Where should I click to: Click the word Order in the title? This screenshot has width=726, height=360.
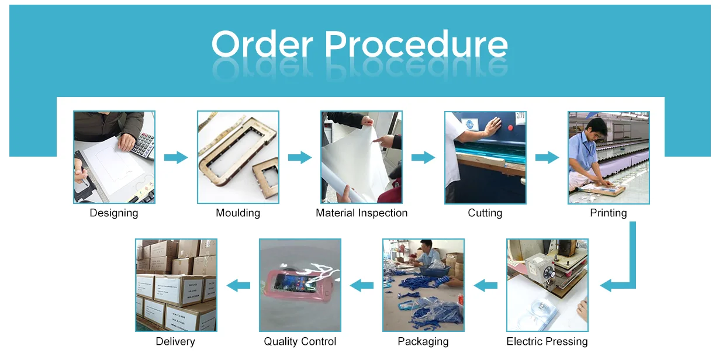[263, 44]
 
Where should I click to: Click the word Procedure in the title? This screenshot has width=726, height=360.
[416, 44]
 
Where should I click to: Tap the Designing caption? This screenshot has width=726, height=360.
[114, 213]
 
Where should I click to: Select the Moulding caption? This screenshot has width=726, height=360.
[238, 213]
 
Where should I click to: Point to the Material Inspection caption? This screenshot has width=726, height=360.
[361, 213]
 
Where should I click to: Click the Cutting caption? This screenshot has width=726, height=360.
[485, 213]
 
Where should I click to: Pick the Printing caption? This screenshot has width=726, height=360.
[609, 213]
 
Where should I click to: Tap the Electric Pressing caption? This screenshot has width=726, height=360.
[547, 341]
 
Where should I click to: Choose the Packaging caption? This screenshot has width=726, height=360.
[423, 341]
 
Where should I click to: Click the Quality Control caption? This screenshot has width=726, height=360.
[300, 341]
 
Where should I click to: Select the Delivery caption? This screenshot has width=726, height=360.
[175, 341]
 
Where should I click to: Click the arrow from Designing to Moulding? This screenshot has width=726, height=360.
[176, 157]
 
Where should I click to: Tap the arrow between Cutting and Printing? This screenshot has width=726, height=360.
[547, 157]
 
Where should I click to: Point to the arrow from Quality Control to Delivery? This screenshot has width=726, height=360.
[238, 285]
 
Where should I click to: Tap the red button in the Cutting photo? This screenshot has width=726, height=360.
[510, 126]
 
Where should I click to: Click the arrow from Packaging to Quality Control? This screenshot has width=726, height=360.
[362, 285]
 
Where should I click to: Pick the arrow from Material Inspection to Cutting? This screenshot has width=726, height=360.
[423, 157]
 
